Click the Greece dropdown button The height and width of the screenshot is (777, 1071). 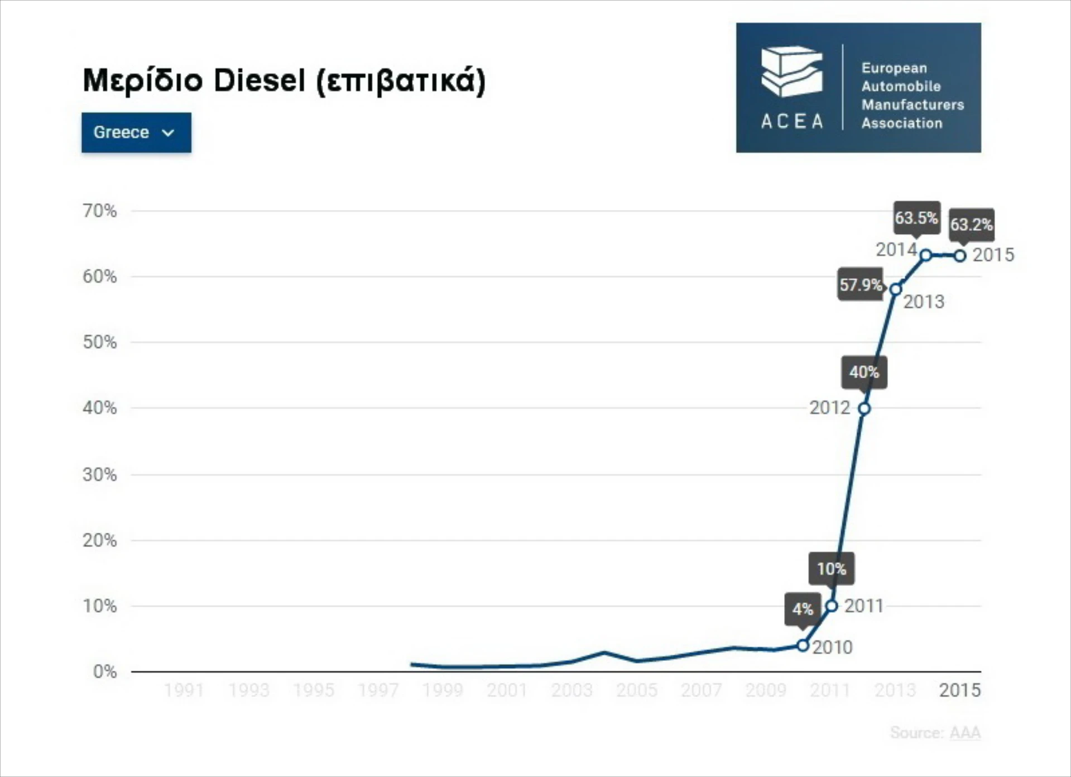(x=136, y=132)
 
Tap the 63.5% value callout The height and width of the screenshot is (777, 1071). (x=916, y=217)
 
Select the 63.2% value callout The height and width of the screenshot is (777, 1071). (x=971, y=225)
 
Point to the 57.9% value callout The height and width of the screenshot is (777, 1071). (x=861, y=285)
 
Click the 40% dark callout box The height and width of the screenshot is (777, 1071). (x=864, y=372)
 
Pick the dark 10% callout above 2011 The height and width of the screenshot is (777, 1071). (x=832, y=569)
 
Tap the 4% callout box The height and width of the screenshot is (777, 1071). (x=803, y=609)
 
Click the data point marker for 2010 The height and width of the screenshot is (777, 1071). (x=803, y=646)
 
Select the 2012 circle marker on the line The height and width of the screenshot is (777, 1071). (x=864, y=409)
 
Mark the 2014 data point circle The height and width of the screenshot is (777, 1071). (x=926, y=255)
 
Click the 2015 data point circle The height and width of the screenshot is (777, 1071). (x=960, y=256)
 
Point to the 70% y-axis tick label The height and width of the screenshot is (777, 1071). (x=100, y=211)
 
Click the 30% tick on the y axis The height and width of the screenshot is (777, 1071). (x=100, y=475)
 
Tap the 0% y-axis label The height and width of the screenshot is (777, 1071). (x=105, y=671)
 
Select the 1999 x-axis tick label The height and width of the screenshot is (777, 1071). (x=443, y=690)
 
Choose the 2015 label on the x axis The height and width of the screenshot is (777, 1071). (x=959, y=690)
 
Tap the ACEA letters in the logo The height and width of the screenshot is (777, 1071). (x=792, y=121)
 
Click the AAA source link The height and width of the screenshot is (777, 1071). (x=965, y=733)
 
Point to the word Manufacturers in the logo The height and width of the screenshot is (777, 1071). (x=912, y=105)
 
